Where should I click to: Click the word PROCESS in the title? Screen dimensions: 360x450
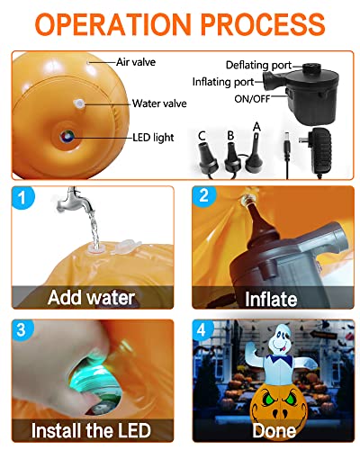[263, 24]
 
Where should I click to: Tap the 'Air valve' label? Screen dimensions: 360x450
[136, 62]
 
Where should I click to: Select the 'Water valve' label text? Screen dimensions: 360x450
[159, 103]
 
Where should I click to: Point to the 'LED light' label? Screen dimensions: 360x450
[153, 138]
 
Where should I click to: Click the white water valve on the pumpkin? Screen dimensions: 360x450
[79, 103]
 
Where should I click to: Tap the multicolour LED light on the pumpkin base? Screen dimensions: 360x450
[67, 137]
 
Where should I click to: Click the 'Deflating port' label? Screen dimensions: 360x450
[258, 65]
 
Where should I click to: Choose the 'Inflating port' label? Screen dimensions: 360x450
[223, 82]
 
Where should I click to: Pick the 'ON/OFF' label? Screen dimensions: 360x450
[252, 99]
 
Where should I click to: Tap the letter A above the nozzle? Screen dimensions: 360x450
[256, 127]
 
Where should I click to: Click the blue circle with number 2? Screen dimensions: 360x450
[203, 196]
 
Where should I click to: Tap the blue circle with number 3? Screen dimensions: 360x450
[22, 329]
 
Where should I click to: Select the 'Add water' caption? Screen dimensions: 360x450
[91, 298]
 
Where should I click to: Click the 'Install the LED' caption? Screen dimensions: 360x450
[91, 430]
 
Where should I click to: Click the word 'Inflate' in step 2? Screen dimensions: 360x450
[271, 299]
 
